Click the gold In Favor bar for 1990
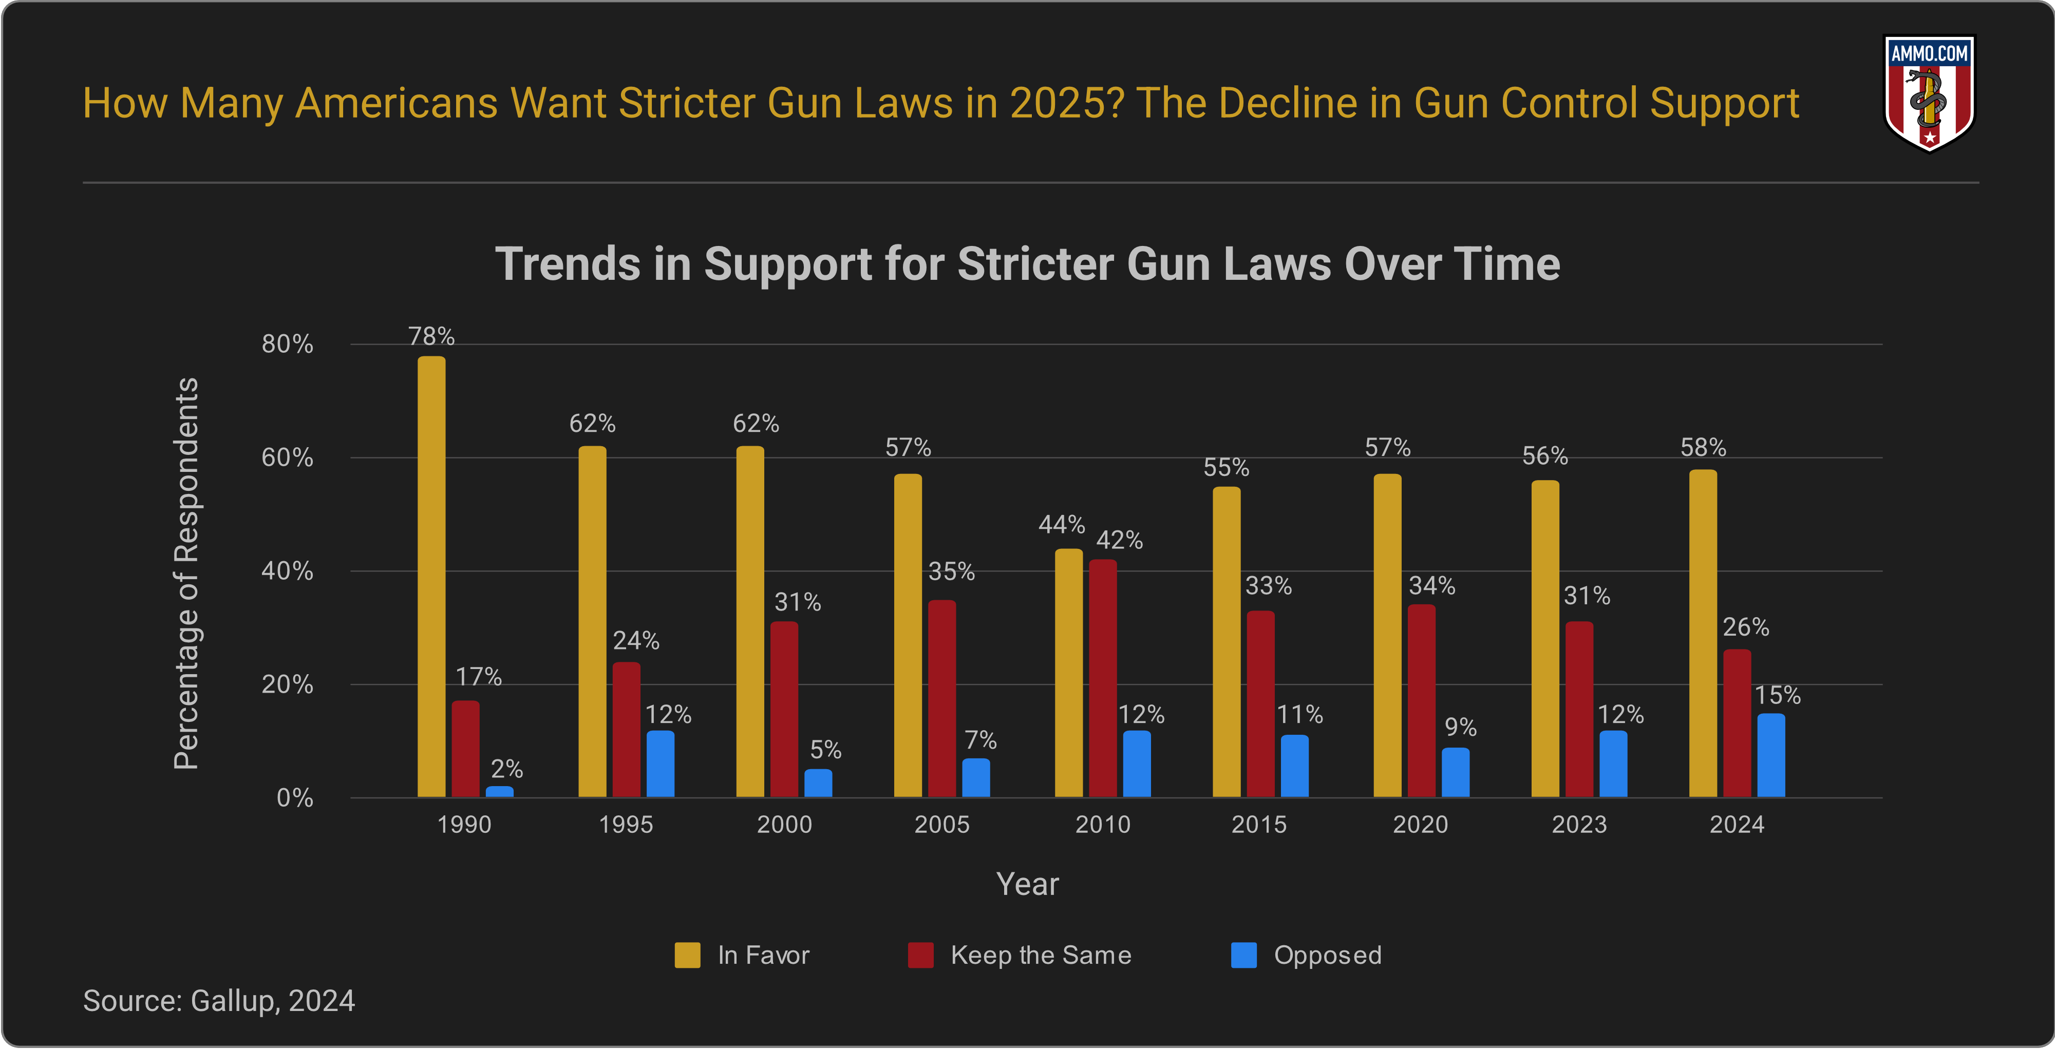tap(431, 576)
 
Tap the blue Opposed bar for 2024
tap(1771, 755)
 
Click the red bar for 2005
tap(941, 698)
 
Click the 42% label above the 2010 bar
tap(1119, 540)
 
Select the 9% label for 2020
tap(1461, 727)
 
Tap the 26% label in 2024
tap(1745, 627)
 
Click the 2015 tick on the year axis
tap(1259, 824)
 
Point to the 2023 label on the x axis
tap(1579, 824)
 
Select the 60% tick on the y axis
tap(287, 458)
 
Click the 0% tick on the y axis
tap(294, 798)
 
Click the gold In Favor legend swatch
tap(687, 955)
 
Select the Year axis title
tap(1027, 884)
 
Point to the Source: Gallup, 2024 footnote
tap(219, 1000)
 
